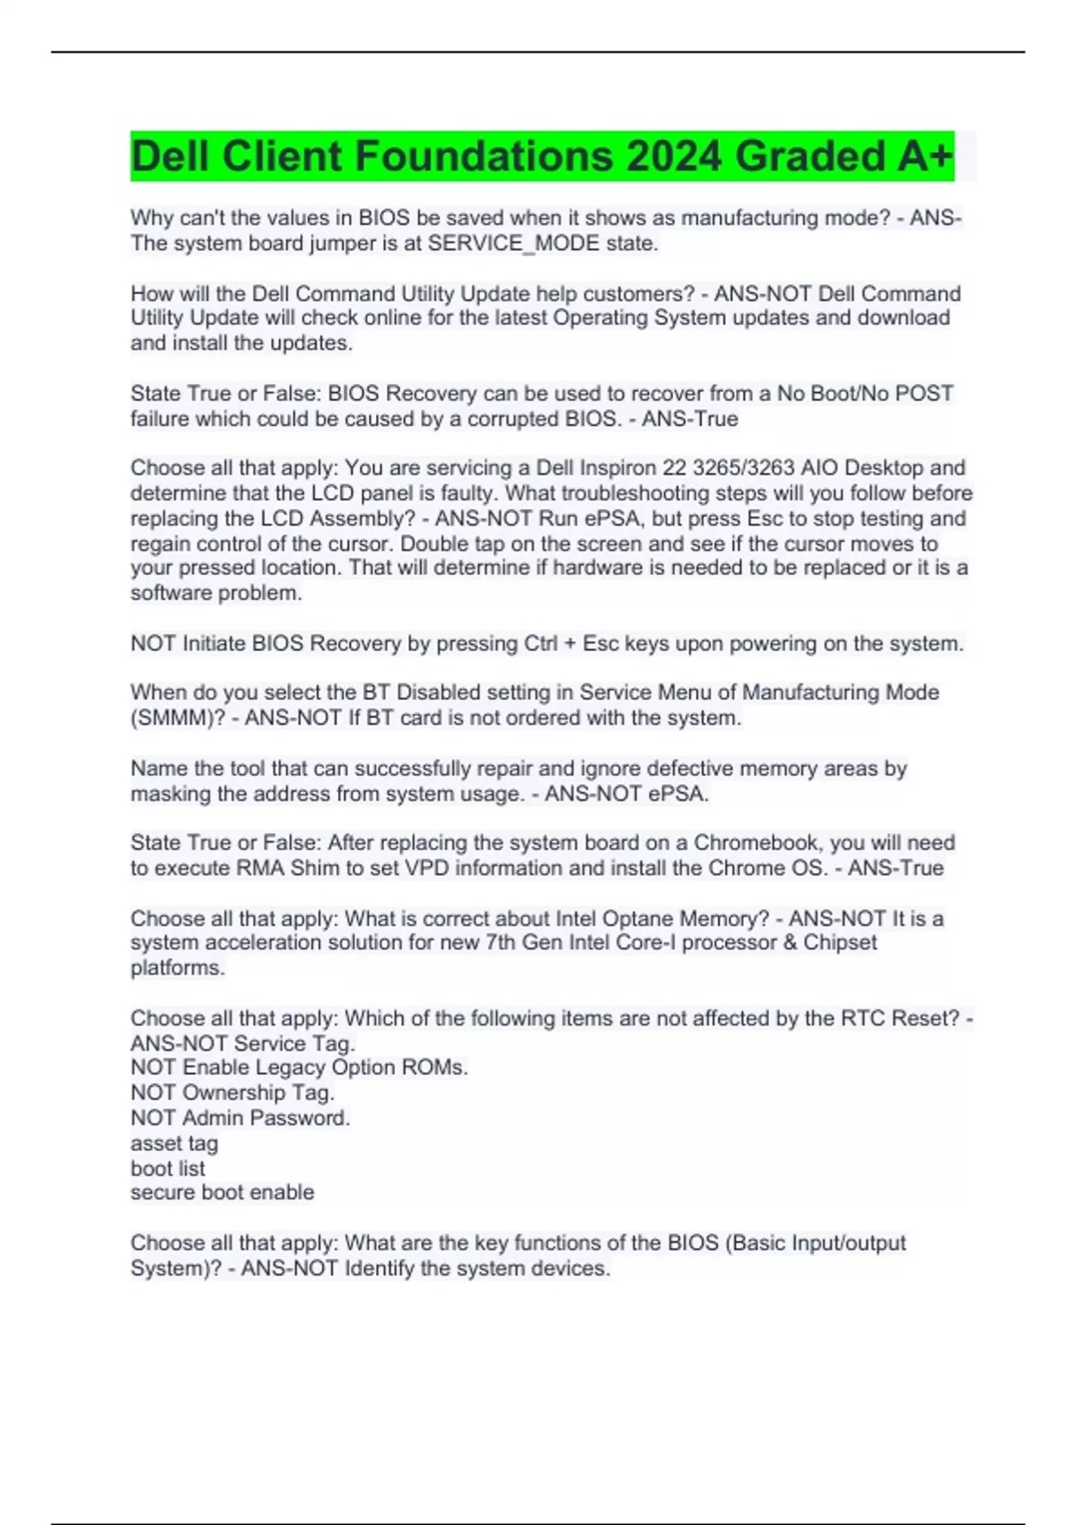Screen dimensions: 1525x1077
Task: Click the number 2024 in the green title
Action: (x=674, y=156)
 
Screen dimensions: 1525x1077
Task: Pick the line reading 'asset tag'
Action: (x=174, y=1144)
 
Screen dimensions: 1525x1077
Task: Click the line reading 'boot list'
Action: (x=168, y=1169)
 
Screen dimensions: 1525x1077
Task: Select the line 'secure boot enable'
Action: (x=223, y=1193)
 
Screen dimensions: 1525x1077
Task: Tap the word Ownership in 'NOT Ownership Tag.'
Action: (x=233, y=1093)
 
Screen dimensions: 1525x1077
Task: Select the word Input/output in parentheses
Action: (x=850, y=1243)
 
